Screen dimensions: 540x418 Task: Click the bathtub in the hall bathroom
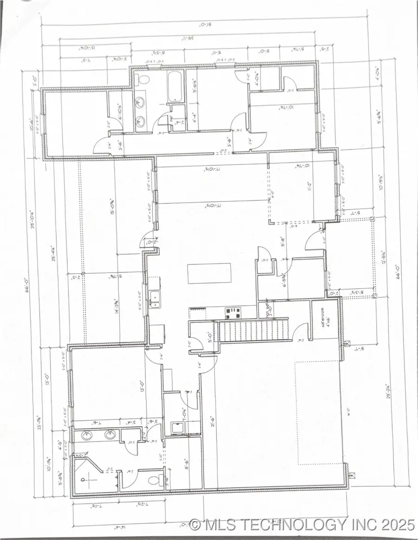[175, 86]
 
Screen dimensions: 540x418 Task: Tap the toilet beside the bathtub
[143, 78]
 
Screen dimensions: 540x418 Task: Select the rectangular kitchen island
[209, 274]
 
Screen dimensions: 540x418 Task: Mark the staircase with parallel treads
[254, 330]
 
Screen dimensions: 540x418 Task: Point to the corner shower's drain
[87, 480]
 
